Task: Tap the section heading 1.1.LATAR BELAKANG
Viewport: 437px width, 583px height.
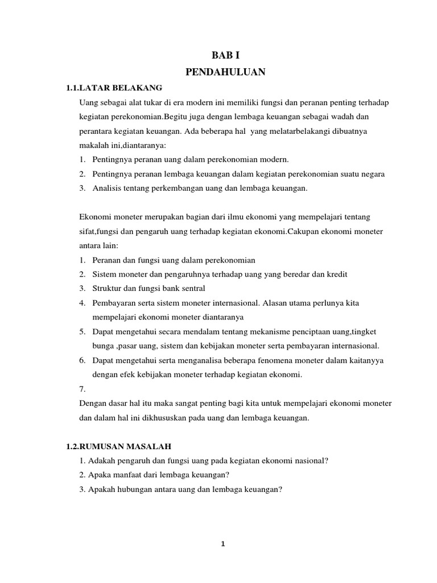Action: coord(114,88)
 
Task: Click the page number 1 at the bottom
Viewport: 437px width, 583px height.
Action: coord(223,544)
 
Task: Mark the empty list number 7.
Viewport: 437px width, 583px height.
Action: coord(83,389)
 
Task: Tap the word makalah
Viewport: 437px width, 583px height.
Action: coord(93,145)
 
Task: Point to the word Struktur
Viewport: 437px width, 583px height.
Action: coord(108,288)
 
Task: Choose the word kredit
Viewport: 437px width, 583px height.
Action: coord(336,274)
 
